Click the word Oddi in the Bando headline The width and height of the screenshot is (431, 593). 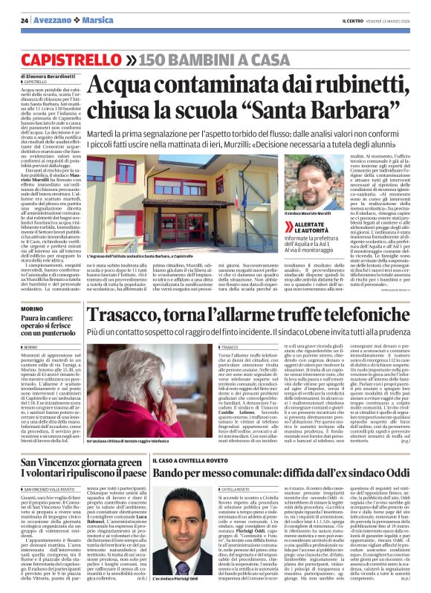[x=401, y=473]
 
